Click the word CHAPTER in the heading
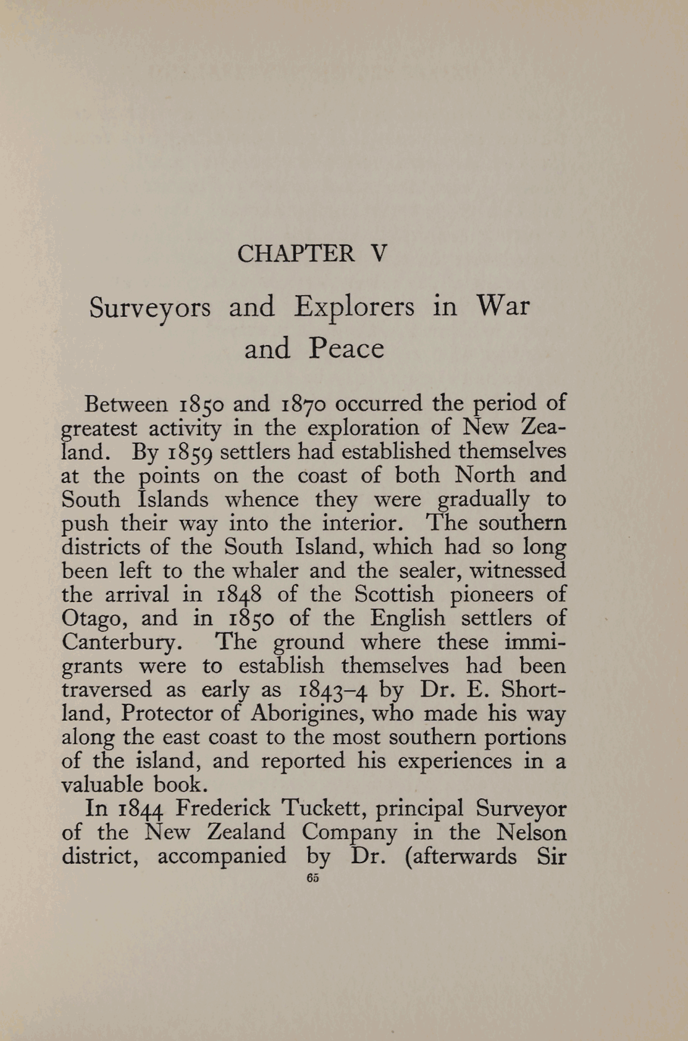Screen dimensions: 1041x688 pos(296,253)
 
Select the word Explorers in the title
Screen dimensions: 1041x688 pos(354,307)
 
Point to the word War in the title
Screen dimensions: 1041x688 pos(503,307)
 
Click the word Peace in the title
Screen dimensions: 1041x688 pos(346,349)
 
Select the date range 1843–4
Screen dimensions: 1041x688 pos(334,690)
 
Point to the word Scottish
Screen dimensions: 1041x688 pos(394,595)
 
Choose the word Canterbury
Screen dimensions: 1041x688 pos(121,643)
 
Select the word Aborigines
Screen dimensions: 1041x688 pos(303,714)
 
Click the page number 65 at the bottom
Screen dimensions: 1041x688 pos(312,879)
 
